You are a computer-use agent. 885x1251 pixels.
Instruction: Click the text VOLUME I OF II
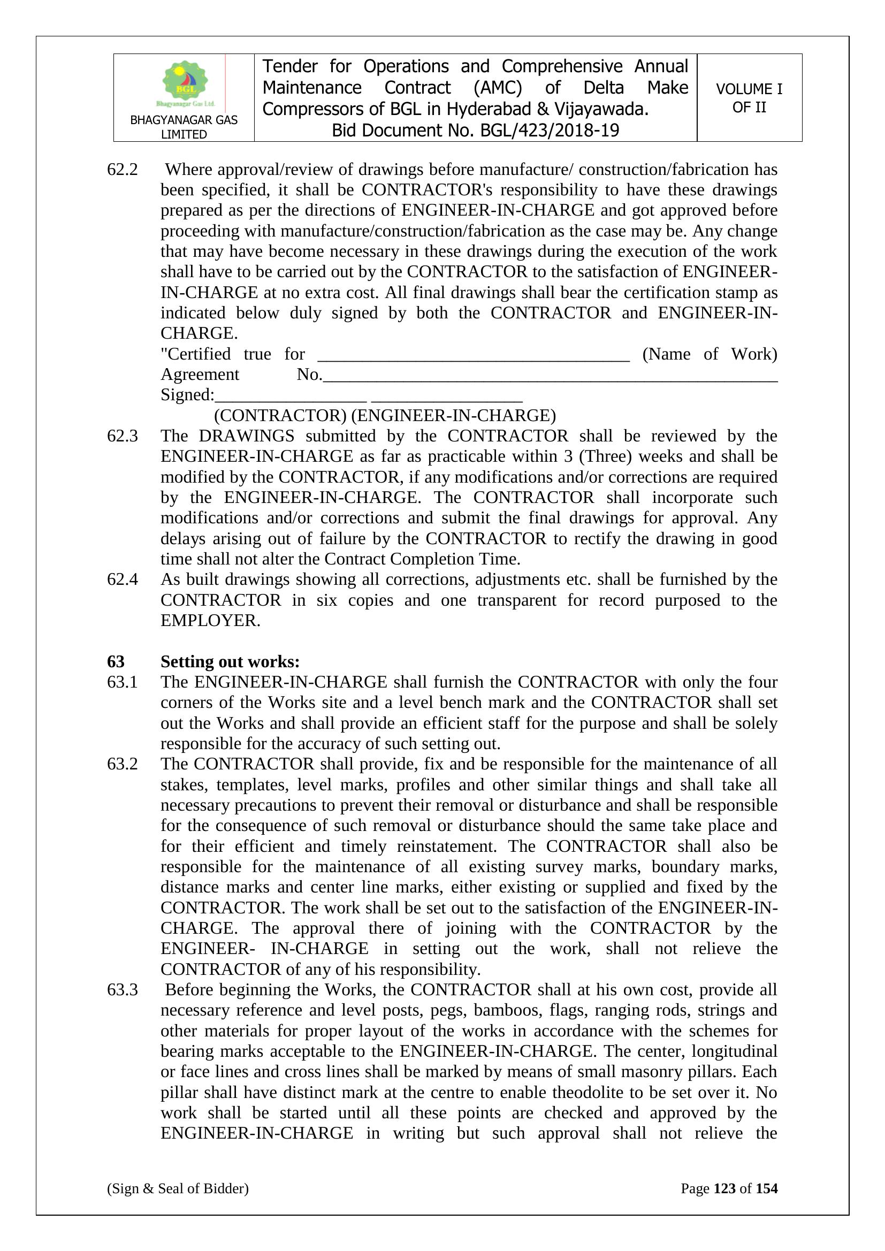[x=749, y=98]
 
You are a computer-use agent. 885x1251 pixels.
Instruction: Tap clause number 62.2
[x=122, y=170]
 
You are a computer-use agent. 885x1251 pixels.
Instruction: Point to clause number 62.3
[x=122, y=436]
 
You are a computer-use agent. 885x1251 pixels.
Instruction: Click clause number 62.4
[x=122, y=579]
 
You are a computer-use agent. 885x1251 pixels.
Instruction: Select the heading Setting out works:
[x=230, y=661]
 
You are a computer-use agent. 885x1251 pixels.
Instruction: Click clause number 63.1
[x=122, y=682]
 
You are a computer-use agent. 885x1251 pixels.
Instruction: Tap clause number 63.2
[x=122, y=764]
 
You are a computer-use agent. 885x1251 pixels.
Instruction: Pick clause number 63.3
[x=122, y=989]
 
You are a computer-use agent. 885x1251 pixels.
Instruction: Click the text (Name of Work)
[x=709, y=354]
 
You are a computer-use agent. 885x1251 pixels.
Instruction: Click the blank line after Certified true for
[x=473, y=357]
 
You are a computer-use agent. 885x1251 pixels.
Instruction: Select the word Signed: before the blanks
[x=187, y=395]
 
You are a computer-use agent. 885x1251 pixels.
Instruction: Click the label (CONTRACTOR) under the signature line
[x=280, y=416]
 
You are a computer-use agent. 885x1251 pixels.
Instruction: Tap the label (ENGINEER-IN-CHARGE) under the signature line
[x=453, y=416]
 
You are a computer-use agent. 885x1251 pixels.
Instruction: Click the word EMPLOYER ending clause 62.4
[x=208, y=621]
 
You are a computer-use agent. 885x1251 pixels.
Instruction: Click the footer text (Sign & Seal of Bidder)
[x=178, y=1188]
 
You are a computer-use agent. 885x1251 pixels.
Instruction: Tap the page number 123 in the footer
[x=724, y=1188]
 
